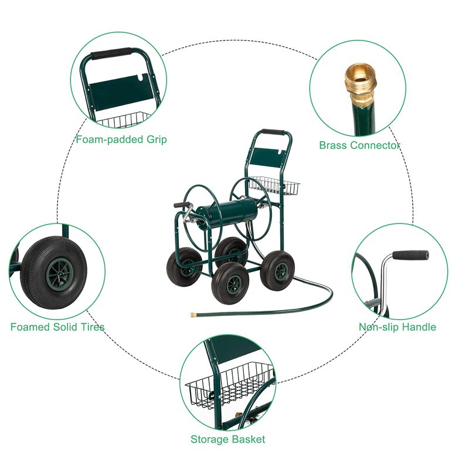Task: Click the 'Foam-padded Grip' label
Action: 121,140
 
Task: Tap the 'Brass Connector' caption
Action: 359,145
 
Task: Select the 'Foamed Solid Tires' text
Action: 57,327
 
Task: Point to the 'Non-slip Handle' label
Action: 397,327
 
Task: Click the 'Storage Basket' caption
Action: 227,439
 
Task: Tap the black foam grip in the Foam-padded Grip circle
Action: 111,53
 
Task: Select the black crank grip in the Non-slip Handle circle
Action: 411,255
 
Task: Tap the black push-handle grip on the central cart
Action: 273,132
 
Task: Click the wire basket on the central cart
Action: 274,185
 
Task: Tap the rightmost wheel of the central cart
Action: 277,271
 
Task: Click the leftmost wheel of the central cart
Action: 183,267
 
